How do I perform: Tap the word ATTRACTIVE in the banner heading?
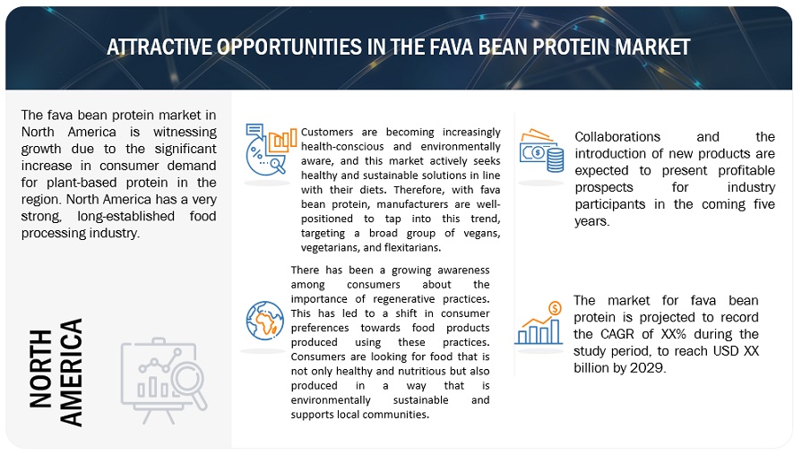click(x=160, y=47)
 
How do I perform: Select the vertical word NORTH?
click(x=41, y=369)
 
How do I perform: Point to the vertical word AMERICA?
click(x=71, y=373)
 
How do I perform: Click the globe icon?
click(x=265, y=321)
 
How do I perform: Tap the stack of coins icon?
click(x=555, y=160)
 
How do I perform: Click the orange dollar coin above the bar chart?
click(x=555, y=308)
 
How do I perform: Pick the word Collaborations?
click(x=617, y=137)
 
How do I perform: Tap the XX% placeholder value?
click(x=674, y=334)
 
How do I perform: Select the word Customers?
click(x=327, y=132)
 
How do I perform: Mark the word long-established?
click(x=125, y=216)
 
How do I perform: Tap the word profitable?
click(x=746, y=171)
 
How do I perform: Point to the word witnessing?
click(x=185, y=132)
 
